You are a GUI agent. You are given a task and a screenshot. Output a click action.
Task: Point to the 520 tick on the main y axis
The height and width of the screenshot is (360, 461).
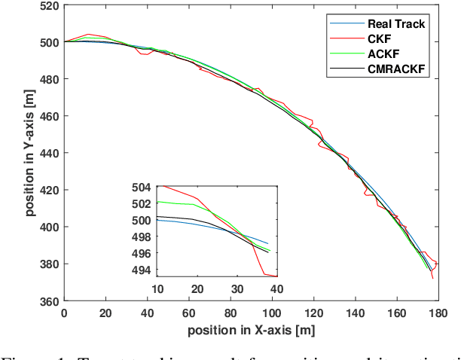click(x=49, y=6)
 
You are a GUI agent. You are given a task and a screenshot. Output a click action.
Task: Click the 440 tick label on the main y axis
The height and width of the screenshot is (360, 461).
click(x=49, y=153)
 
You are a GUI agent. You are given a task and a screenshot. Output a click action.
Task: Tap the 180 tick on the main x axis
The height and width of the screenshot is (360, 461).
click(x=436, y=313)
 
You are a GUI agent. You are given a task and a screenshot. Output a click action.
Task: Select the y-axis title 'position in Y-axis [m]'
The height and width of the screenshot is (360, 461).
click(x=29, y=154)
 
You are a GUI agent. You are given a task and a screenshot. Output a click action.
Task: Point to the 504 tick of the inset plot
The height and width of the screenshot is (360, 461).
click(x=141, y=187)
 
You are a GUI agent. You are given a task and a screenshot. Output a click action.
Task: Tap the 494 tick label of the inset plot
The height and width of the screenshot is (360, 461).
click(x=141, y=270)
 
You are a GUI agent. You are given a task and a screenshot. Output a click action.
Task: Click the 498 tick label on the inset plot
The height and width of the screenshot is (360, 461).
click(x=141, y=237)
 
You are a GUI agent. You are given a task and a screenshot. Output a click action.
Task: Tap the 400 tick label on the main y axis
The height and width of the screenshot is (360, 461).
click(x=49, y=227)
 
